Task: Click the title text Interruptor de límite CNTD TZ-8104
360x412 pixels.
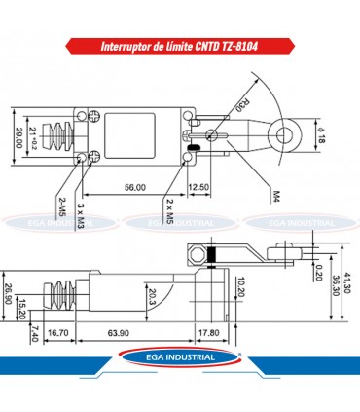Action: [180, 47]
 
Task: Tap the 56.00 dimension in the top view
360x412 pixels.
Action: [134, 187]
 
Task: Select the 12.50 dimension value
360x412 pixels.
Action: [198, 187]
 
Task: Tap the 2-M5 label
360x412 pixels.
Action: [60, 210]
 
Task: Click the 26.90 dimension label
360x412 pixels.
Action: [9, 294]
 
